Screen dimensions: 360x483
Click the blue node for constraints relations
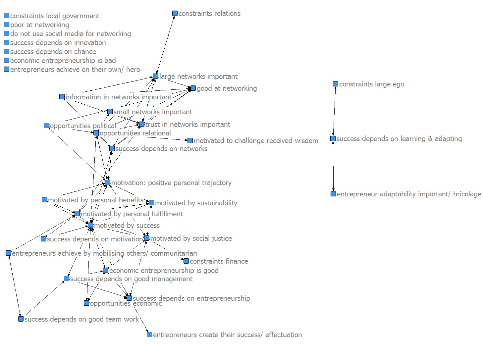click(175, 14)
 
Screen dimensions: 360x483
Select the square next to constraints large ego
click(336, 84)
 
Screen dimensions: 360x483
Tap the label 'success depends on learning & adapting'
click(399, 139)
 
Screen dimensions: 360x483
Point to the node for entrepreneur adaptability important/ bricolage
click(333, 194)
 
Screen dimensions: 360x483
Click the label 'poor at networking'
click(39, 25)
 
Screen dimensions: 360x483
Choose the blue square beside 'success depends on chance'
click(7, 52)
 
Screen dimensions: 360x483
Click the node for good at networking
click(193, 88)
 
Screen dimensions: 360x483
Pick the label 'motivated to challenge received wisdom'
click(256, 141)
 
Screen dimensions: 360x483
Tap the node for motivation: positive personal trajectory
click(108, 182)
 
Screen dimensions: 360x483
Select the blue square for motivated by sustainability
click(151, 203)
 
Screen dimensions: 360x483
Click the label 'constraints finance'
click(219, 261)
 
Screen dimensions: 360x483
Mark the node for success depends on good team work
click(21, 319)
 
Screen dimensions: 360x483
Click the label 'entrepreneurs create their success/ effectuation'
click(227, 335)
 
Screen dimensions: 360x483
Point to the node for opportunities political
click(46, 126)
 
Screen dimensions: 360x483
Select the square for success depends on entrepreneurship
click(129, 298)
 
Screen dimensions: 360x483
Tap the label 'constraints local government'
click(55, 16)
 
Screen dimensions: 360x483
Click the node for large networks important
click(156, 77)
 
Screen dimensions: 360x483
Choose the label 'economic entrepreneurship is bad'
click(63, 61)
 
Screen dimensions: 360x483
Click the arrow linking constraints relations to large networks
click(165, 45)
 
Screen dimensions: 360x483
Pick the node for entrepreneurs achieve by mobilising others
click(8, 253)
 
